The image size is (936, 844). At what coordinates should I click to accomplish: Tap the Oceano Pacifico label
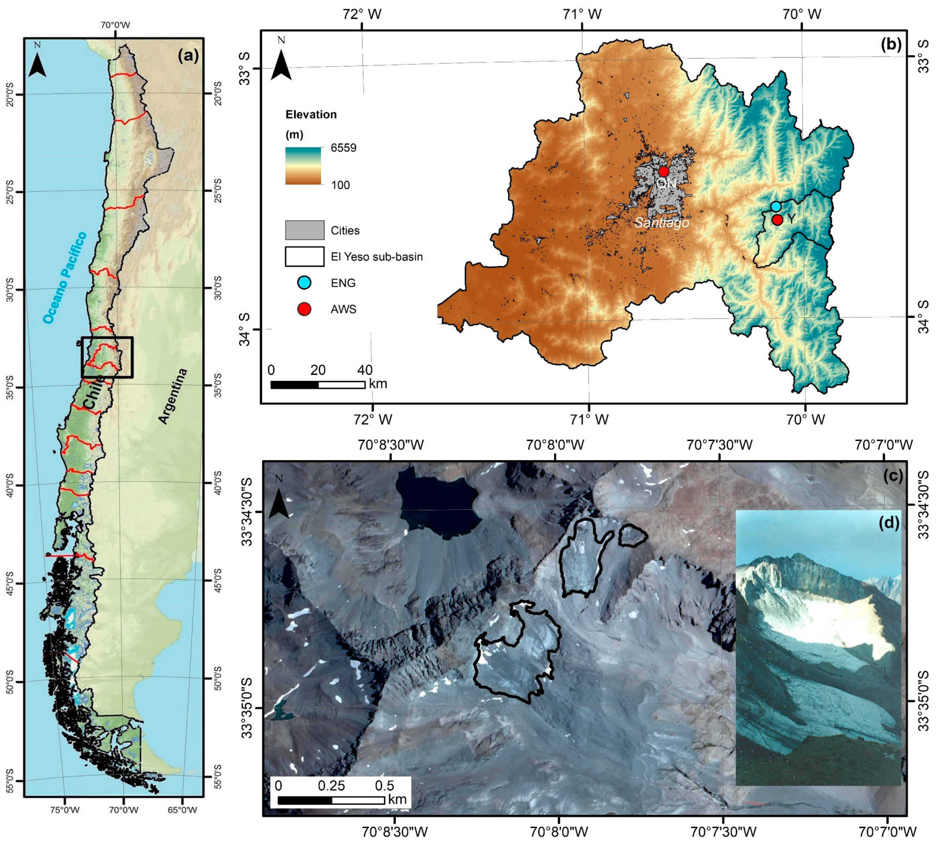65,277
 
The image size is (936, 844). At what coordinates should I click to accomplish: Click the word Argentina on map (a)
173,396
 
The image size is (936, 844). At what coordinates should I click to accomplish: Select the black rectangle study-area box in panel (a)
107,357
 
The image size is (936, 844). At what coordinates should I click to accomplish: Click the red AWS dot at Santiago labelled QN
663,171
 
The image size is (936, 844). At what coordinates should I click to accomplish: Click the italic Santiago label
662,223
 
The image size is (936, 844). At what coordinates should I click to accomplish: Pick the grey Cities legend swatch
304,230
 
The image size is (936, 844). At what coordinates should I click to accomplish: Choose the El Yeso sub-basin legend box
304,256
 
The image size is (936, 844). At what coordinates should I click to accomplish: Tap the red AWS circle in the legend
304,309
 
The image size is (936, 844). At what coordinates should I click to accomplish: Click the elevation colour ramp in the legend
303,166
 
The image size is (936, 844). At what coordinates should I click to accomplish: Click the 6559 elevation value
343,148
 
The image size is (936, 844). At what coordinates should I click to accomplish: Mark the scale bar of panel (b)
318,384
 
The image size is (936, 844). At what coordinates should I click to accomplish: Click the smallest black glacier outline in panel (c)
632,536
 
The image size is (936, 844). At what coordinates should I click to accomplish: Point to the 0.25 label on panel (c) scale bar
331,785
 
